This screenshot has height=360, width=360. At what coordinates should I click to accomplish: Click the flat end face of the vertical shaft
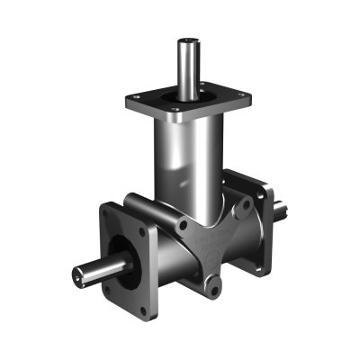(188, 40)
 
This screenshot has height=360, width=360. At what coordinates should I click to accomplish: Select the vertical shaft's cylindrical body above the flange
(188, 67)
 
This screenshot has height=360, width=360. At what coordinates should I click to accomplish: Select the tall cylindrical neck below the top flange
(184, 162)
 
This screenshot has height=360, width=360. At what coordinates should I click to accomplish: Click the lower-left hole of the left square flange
(109, 290)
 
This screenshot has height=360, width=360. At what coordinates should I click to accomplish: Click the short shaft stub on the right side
(281, 209)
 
